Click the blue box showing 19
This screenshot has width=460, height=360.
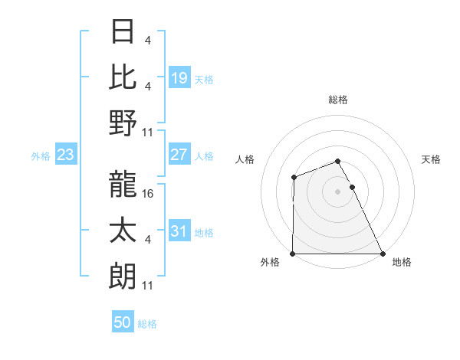click(x=179, y=77)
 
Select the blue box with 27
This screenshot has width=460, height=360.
click(x=179, y=155)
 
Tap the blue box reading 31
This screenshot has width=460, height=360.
click(x=179, y=231)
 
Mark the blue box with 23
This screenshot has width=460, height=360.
click(x=65, y=155)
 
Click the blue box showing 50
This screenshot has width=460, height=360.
click(x=122, y=322)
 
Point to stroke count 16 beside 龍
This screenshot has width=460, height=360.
click(x=149, y=193)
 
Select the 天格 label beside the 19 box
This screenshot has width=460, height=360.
click(x=204, y=79)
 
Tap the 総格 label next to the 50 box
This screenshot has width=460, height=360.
click(x=147, y=324)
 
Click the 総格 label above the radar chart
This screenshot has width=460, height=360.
click(x=337, y=100)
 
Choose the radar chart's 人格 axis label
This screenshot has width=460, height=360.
click(x=246, y=159)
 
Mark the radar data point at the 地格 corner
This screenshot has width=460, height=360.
click(x=382, y=254)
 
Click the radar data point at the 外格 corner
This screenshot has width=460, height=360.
click(x=293, y=254)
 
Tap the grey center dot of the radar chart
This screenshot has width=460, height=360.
click(x=337, y=191)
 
